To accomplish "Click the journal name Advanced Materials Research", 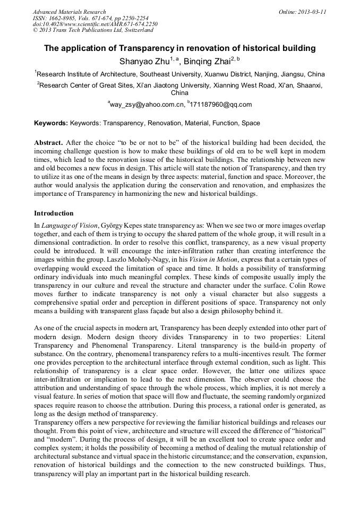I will coord(69,12).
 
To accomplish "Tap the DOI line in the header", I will coord(95,24).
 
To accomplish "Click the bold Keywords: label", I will coord(51,123).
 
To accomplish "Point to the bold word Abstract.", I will coord(48,143).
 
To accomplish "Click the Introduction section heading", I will coord(54,213).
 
